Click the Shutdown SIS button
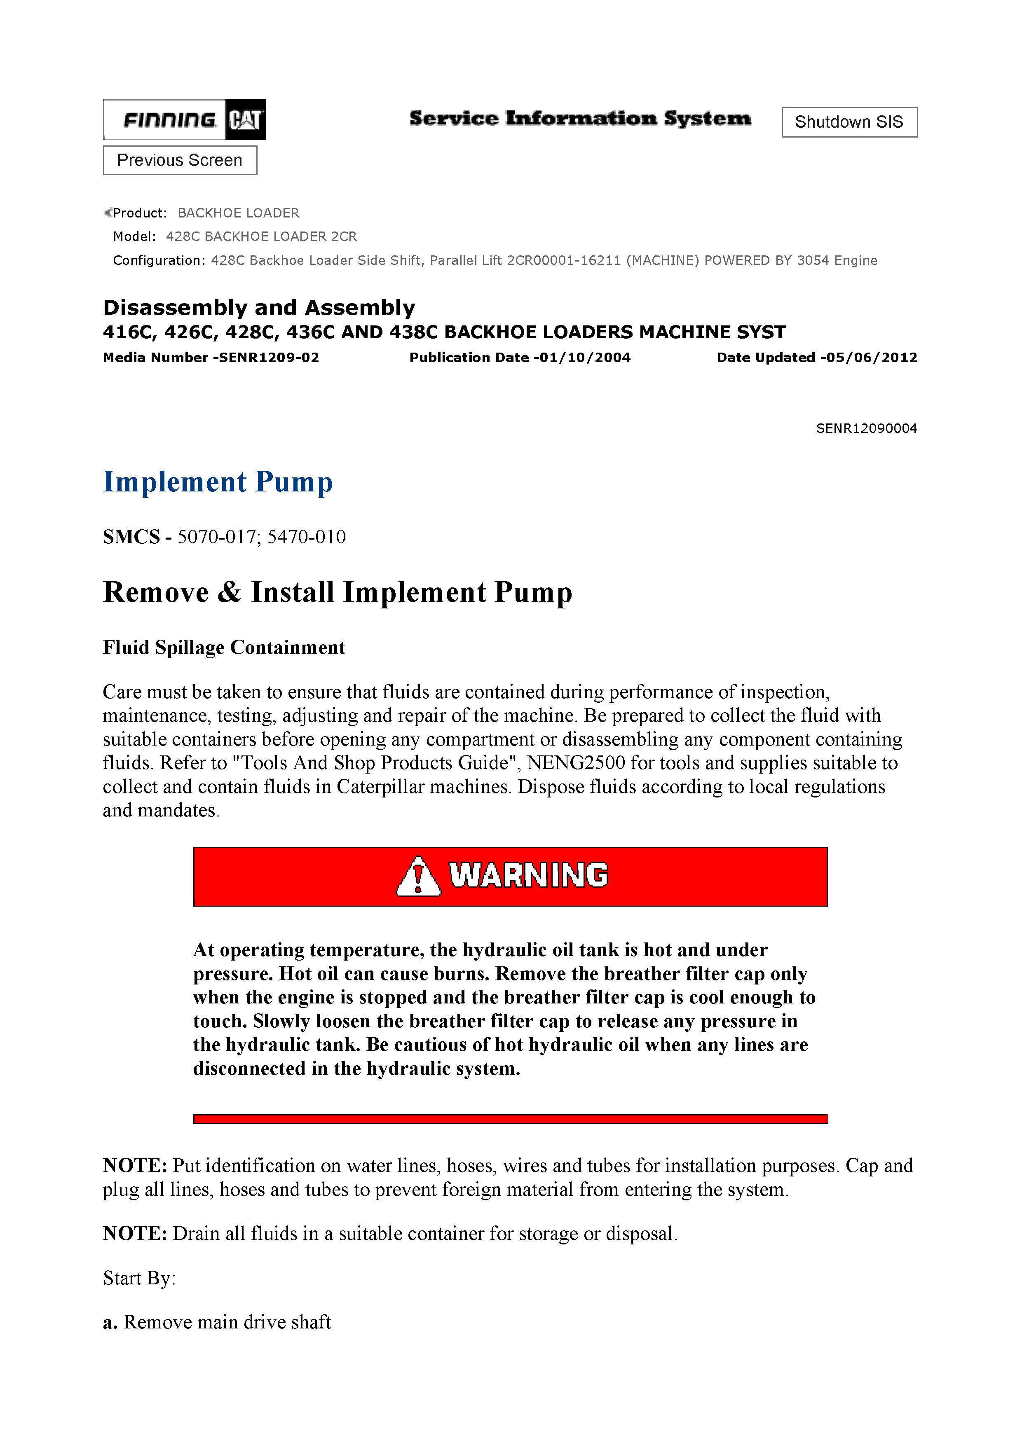(x=849, y=122)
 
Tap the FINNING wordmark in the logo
(x=169, y=119)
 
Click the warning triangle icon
(x=418, y=876)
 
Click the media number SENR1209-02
(x=269, y=358)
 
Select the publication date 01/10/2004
(x=582, y=358)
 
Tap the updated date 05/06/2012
(x=869, y=358)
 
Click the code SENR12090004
(x=867, y=428)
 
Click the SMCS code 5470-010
(x=307, y=537)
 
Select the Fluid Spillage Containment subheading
(x=224, y=648)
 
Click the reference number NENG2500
(x=576, y=763)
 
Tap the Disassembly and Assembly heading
(x=259, y=308)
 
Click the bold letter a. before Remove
(x=110, y=1322)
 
